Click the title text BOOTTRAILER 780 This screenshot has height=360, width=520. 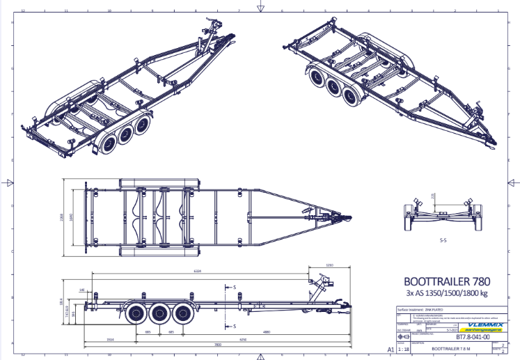tap(446, 282)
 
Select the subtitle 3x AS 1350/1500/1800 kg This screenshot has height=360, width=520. tap(446, 294)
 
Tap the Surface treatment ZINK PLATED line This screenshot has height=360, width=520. tap(420, 308)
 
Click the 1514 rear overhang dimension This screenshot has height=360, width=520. tap(110, 338)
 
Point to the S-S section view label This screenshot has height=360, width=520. tap(443, 240)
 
